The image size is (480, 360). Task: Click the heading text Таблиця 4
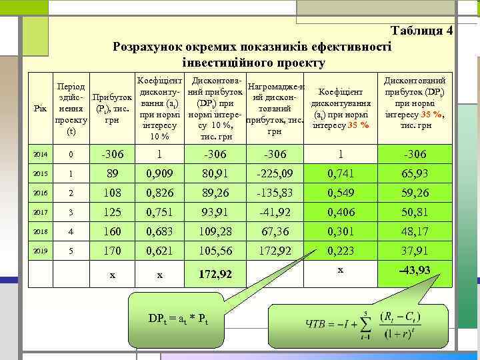(422, 31)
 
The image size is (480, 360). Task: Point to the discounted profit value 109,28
(215, 233)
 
